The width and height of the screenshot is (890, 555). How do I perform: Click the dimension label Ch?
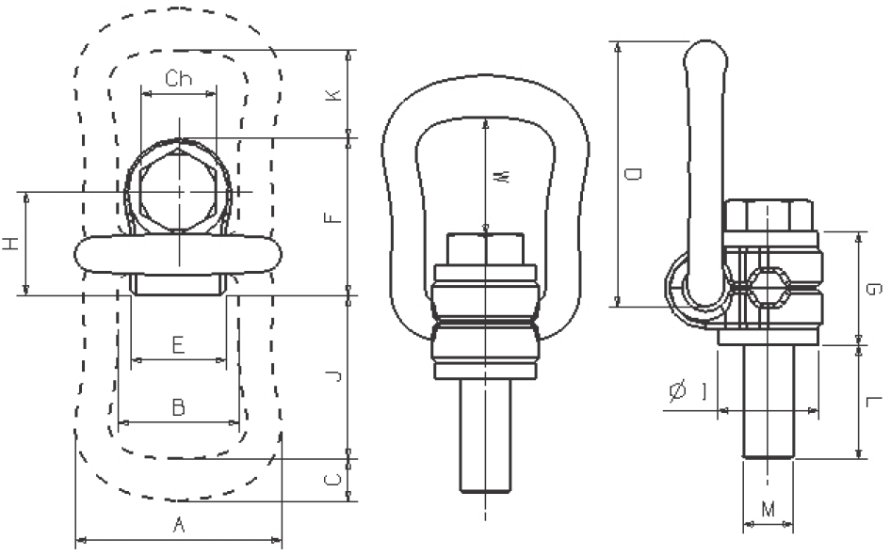pos(178,79)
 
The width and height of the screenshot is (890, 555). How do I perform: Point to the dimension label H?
pos(10,245)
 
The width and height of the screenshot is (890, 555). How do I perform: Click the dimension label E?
pos(178,345)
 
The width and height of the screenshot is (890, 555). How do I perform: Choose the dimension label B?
pos(177,407)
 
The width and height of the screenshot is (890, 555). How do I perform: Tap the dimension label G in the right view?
pos(875,289)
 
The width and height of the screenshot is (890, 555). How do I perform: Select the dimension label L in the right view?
pos(875,402)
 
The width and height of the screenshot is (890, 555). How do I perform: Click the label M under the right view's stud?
pos(768,510)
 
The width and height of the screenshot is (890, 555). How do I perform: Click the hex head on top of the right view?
pos(768,214)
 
